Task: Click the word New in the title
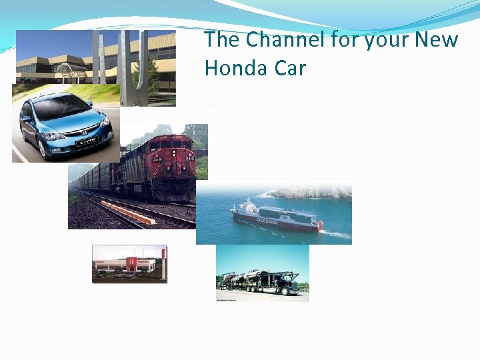coord(437,40)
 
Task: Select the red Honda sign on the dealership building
coord(132,262)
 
